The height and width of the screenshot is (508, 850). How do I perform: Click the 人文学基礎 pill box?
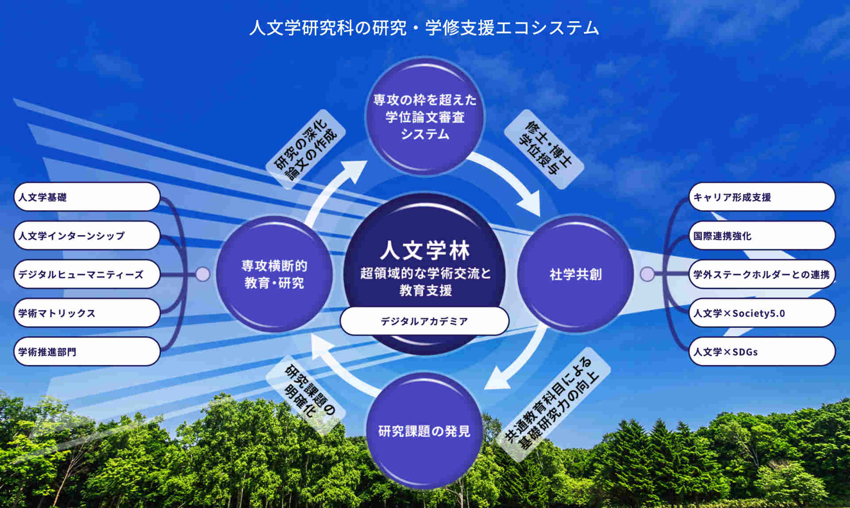pyautogui.click(x=87, y=197)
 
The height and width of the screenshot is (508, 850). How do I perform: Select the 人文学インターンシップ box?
pyautogui.click(x=87, y=236)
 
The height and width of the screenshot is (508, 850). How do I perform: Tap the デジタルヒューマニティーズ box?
pyautogui.click(x=87, y=274)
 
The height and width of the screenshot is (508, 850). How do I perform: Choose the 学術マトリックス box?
pyautogui.click(x=87, y=313)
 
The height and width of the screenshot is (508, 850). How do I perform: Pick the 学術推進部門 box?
pyautogui.click(x=87, y=352)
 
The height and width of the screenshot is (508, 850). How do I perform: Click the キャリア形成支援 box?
pyautogui.click(x=762, y=197)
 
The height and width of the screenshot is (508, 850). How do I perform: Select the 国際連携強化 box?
pyautogui.click(x=762, y=236)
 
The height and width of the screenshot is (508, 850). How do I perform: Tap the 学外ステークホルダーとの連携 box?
pyautogui.click(x=762, y=274)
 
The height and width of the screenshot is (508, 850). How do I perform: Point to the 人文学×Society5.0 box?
pyautogui.click(x=762, y=313)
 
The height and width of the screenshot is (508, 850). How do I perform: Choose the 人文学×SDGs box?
pyautogui.click(x=762, y=352)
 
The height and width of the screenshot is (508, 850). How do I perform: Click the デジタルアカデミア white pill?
pyautogui.click(x=424, y=321)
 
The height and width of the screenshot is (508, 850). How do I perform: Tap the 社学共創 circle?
pyautogui.click(x=576, y=274)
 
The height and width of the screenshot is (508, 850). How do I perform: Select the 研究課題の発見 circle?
pyautogui.click(x=424, y=430)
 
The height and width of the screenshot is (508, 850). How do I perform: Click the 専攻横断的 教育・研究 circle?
pyautogui.click(x=274, y=274)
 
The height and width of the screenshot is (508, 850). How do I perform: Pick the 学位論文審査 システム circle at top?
pyautogui.click(x=424, y=116)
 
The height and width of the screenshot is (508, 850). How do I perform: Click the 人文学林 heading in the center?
pyautogui.click(x=424, y=251)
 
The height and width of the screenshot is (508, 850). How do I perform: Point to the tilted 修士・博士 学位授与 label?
pyautogui.click(x=544, y=149)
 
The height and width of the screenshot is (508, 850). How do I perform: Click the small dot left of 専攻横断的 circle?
pyautogui.click(x=203, y=274)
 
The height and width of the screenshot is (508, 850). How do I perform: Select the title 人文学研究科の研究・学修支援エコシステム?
pyautogui.click(x=424, y=27)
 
